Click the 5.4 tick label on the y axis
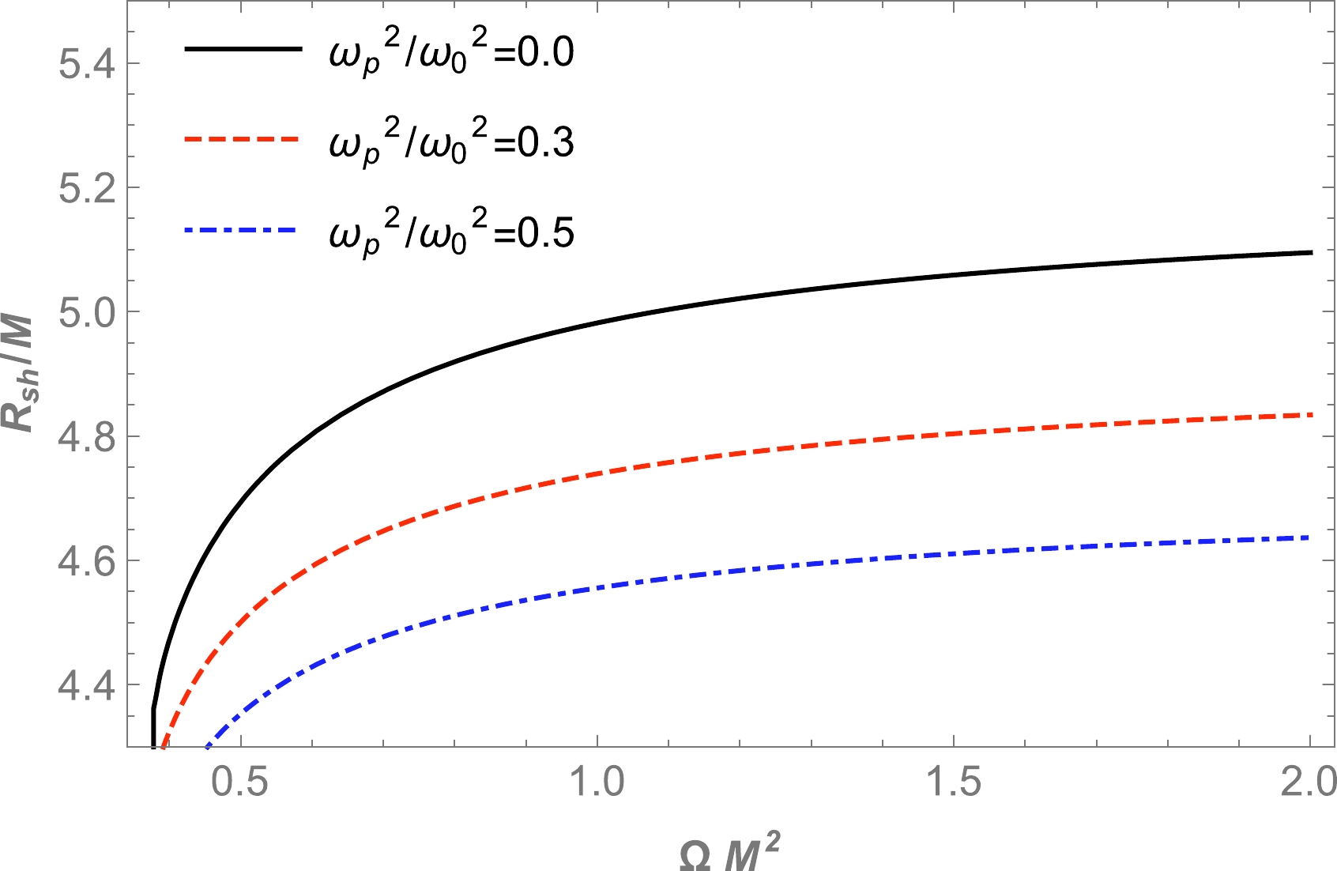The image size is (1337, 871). point(86,64)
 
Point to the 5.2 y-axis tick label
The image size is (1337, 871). point(86,188)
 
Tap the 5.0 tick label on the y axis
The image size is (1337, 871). point(86,312)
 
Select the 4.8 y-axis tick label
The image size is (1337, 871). point(86,436)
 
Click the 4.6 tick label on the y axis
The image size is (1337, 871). point(86,560)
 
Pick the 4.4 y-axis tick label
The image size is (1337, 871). point(86,684)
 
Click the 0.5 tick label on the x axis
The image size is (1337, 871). point(240,782)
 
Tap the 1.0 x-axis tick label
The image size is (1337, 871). point(597,782)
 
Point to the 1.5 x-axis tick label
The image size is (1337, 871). point(954,782)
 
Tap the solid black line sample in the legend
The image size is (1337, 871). point(243,49)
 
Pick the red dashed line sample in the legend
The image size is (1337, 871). point(243,139)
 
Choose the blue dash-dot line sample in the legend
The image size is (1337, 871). point(243,230)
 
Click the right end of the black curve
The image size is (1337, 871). point(1310,252)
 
